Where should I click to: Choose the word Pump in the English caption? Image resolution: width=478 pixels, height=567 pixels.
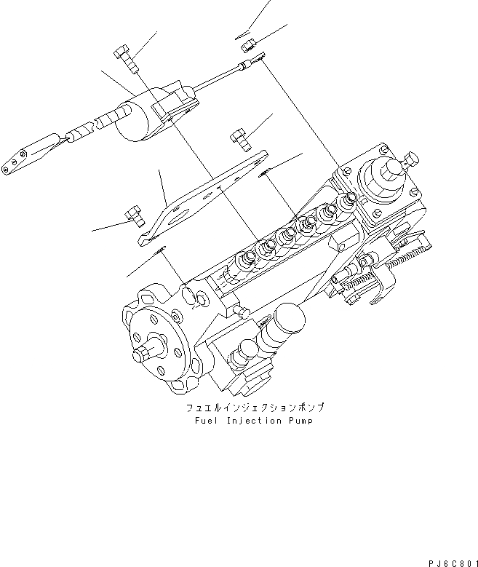pos(298,421)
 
